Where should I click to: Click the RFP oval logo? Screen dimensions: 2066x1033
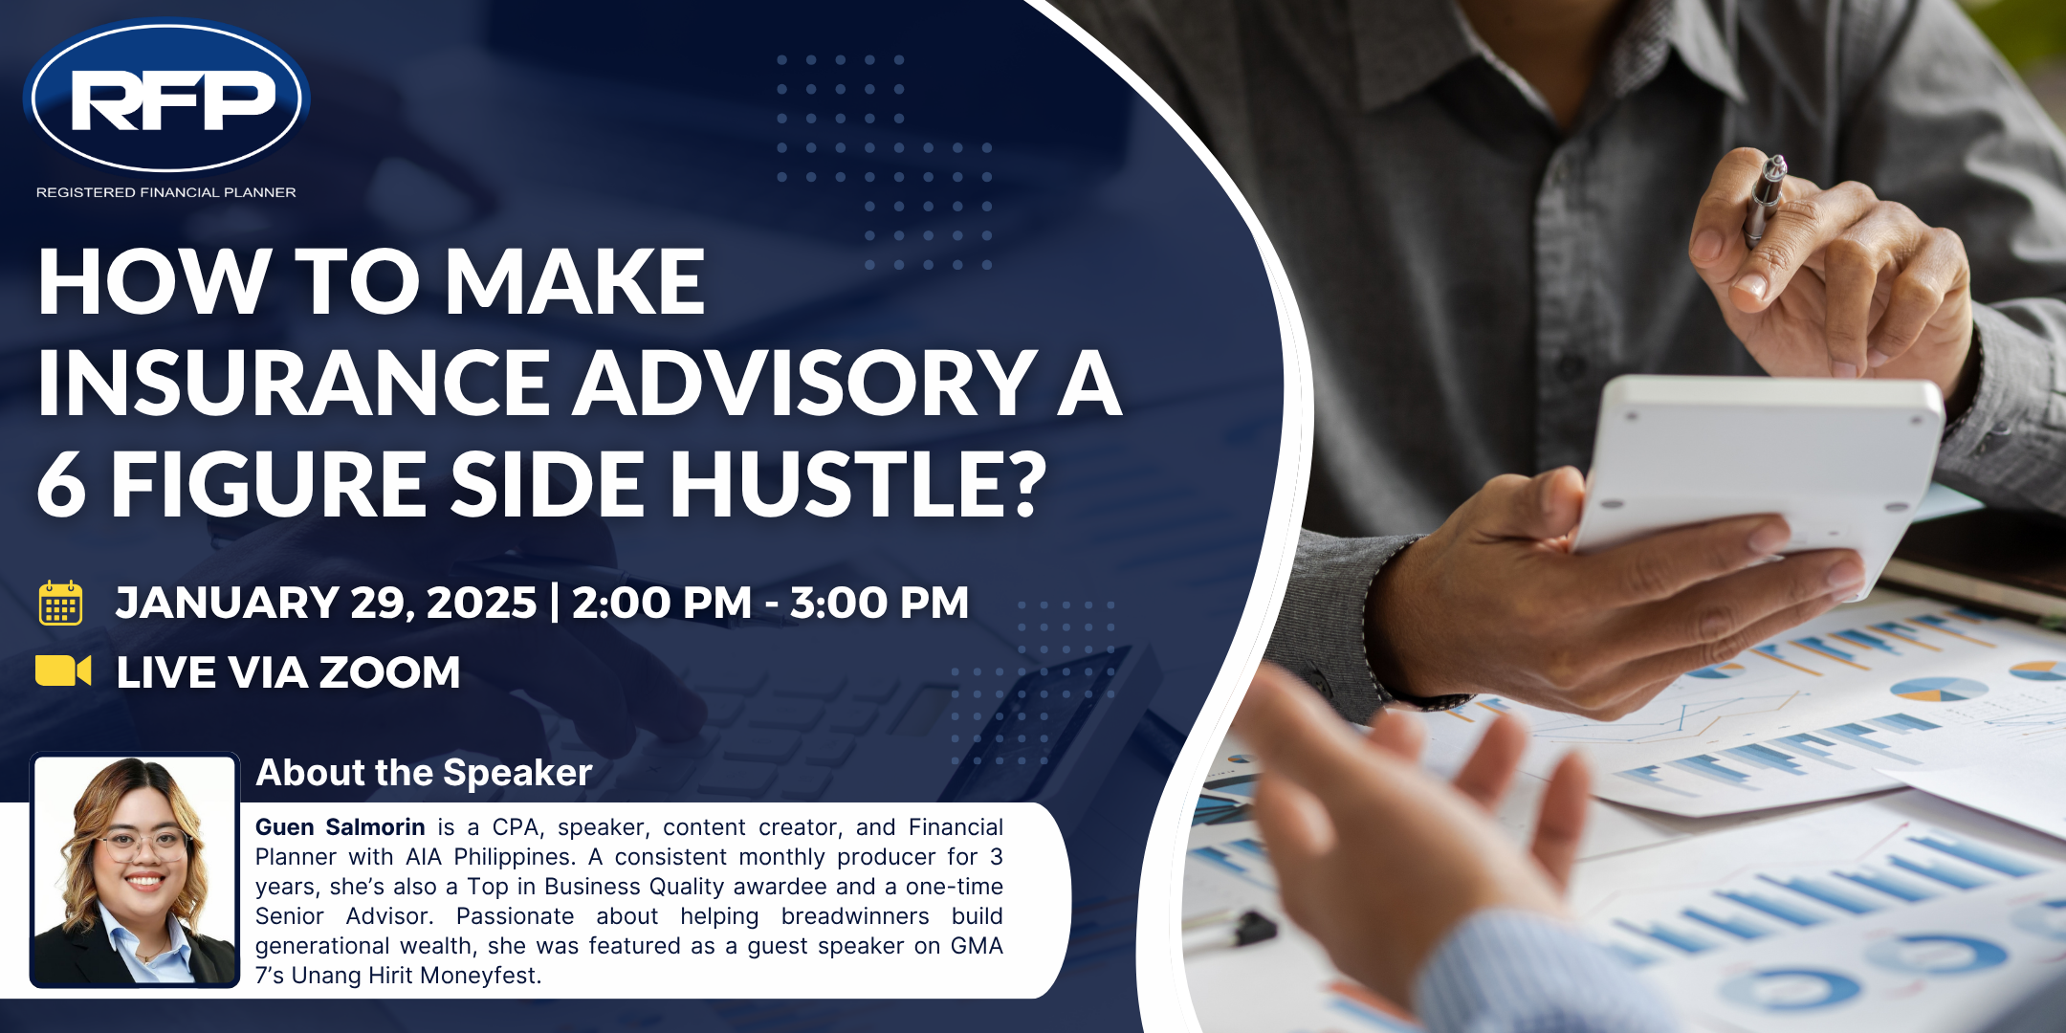166,98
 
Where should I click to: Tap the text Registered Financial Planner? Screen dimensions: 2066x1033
166,192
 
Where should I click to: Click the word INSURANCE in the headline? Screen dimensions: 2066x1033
293,383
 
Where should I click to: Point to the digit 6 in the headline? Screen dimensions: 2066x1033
62,484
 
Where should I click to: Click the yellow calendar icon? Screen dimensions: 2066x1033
60,603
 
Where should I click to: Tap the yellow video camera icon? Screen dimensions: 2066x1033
63,670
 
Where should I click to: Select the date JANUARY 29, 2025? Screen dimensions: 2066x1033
326,604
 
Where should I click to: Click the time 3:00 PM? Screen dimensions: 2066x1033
879,603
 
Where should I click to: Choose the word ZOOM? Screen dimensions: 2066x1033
389,672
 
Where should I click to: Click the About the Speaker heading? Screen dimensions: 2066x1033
424,773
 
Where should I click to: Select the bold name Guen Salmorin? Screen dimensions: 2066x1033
340,827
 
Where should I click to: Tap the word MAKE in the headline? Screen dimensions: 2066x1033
575,281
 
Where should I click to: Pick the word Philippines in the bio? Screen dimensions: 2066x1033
523,858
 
